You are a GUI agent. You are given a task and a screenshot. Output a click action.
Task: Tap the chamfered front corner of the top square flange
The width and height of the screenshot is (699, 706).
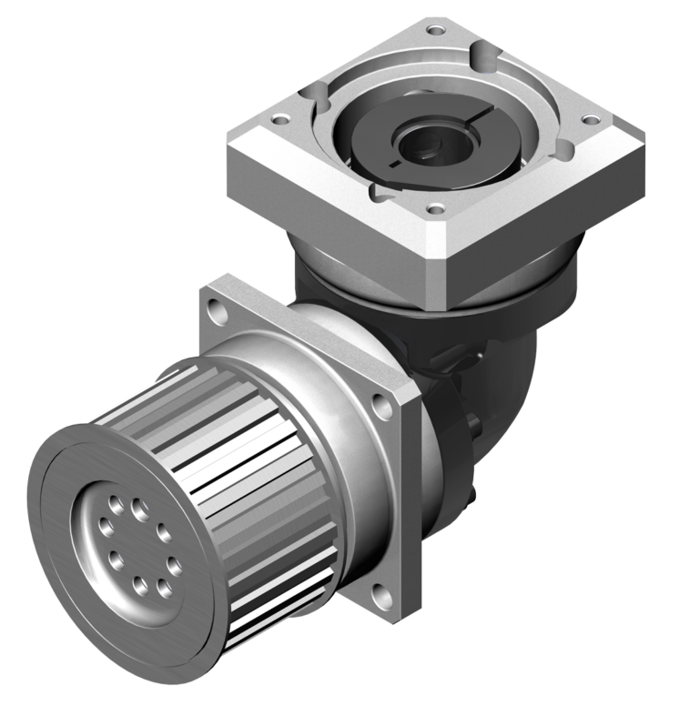[x=435, y=264]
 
